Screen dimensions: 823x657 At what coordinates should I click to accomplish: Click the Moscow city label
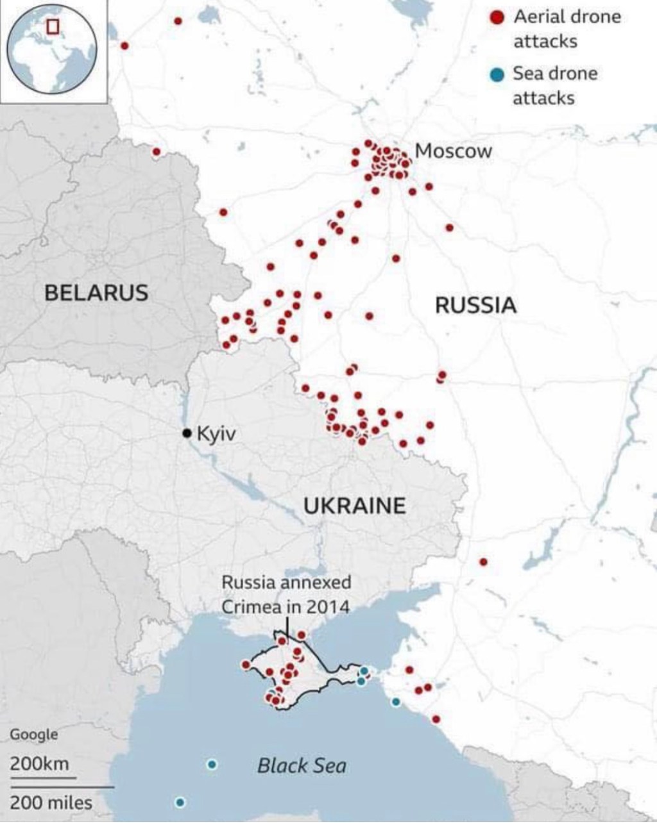[453, 151]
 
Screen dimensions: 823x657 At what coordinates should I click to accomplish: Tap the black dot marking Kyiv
[187, 433]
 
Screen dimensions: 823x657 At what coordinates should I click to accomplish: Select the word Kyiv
[216, 434]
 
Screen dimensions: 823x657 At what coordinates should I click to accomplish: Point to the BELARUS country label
[96, 293]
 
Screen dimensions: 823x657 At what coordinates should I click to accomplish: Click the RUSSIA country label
[475, 305]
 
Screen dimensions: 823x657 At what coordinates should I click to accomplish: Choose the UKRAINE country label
[354, 506]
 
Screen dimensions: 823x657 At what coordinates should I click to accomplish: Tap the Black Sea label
[302, 765]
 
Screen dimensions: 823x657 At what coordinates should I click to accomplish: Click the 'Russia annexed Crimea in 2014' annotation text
[286, 594]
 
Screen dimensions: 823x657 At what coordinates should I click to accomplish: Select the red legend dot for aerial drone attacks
[496, 17]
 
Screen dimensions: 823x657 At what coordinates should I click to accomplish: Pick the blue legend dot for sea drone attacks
[496, 75]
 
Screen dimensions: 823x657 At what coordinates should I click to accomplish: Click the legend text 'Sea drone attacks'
[554, 86]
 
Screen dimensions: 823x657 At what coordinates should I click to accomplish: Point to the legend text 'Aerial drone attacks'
[566, 29]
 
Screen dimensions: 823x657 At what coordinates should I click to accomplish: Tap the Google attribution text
[33, 735]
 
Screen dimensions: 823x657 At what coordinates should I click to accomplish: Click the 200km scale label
[38, 764]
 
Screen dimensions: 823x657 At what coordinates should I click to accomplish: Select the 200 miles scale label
[51, 802]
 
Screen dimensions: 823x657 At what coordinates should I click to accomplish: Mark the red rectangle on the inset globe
[53, 26]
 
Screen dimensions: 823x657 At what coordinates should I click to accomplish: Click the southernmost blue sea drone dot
[180, 802]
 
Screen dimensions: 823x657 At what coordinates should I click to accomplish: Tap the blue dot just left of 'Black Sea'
[212, 764]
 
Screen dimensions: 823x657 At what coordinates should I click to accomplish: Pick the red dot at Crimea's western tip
[246, 665]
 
